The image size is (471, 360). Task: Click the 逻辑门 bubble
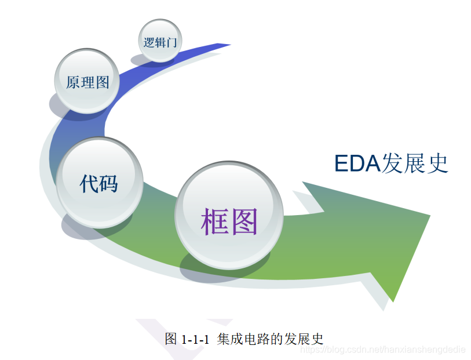160,41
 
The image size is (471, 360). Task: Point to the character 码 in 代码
109,183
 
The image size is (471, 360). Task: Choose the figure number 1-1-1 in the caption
195,340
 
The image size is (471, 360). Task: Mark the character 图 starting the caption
171,340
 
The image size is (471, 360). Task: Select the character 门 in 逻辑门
173,42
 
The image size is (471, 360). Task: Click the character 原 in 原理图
73,82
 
